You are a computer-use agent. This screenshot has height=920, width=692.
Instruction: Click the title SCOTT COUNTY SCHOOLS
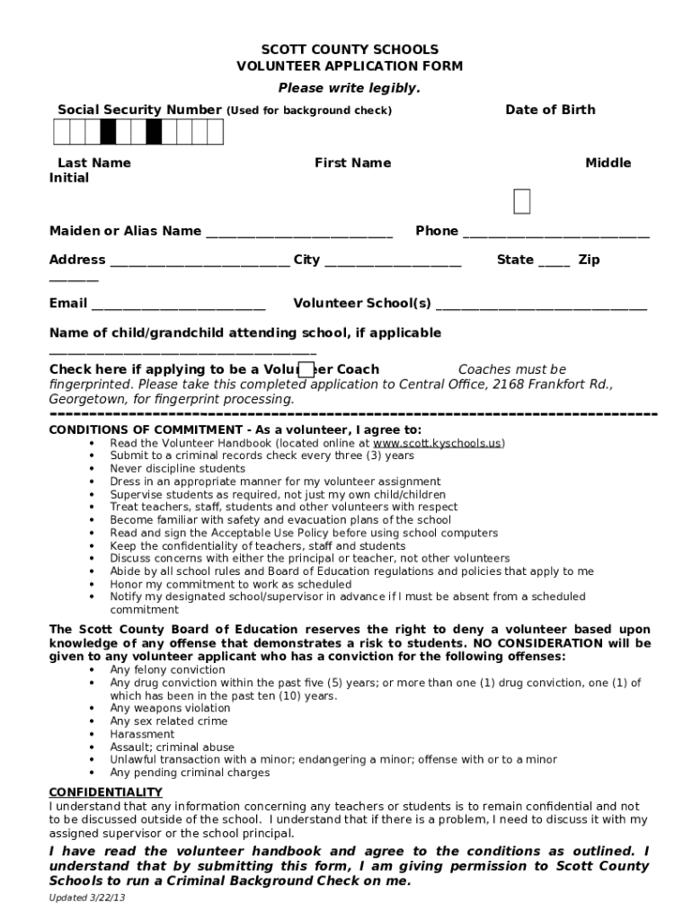(x=350, y=49)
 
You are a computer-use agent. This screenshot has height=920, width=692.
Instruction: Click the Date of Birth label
(x=550, y=110)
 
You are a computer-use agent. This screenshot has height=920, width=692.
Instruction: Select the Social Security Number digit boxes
(x=138, y=132)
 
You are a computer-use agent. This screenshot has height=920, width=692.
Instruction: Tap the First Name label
(x=352, y=163)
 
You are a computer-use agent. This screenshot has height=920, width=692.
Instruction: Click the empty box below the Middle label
(x=521, y=203)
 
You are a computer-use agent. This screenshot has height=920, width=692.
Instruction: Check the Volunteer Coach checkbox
(x=306, y=370)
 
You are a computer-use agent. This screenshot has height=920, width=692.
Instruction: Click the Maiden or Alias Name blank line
(x=299, y=234)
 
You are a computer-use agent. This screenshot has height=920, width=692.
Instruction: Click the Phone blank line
(x=555, y=234)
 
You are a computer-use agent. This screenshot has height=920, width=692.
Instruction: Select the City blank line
(x=393, y=262)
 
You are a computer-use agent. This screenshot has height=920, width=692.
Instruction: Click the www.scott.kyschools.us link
(x=438, y=443)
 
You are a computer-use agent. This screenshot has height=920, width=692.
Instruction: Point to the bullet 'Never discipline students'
(x=177, y=469)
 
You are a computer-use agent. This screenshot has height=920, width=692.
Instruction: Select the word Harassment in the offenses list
(x=142, y=734)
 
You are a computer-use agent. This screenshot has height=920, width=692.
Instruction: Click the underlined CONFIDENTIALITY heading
(x=105, y=792)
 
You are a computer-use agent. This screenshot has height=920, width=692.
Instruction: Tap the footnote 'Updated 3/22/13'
(x=87, y=898)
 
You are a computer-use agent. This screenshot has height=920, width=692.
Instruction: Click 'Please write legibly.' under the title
(x=349, y=88)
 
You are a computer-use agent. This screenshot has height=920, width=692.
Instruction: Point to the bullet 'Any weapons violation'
(x=170, y=708)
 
